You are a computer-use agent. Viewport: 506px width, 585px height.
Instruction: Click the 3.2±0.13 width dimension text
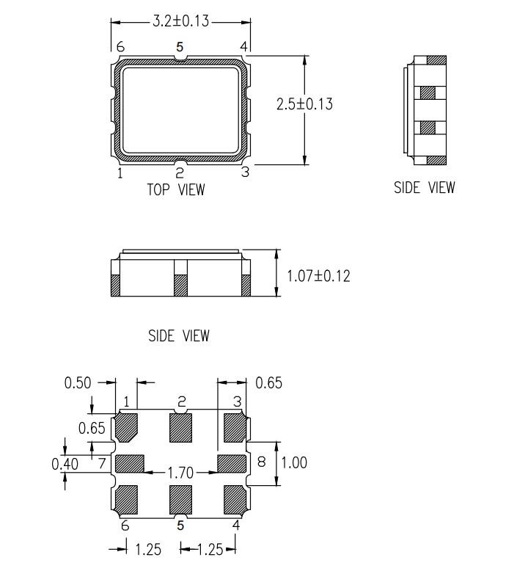click(x=180, y=21)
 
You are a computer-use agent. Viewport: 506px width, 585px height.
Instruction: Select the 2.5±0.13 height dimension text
click(x=304, y=104)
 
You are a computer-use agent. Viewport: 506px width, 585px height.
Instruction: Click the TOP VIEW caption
click(x=176, y=189)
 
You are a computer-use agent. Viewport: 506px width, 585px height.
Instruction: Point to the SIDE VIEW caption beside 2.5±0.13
click(x=424, y=187)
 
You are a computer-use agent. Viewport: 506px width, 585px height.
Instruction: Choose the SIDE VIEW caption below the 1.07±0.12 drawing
click(x=179, y=336)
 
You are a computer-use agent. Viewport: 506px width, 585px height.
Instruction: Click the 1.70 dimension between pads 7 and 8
click(x=180, y=473)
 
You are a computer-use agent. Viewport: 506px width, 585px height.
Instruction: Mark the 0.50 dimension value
click(x=78, y=382)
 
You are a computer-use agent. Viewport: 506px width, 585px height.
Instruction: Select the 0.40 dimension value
click(x=65, y=463)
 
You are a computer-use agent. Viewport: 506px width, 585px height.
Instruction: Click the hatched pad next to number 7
click(x=130, y=463)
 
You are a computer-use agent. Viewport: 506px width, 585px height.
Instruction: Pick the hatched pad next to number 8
click(x=231, y=463)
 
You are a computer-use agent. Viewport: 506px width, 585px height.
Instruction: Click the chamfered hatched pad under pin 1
click(x=128, y=427)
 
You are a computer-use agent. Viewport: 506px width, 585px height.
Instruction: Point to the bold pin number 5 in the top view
click(x=180, y=47)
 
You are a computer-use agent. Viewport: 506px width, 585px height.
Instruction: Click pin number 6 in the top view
click(x=120, y=47)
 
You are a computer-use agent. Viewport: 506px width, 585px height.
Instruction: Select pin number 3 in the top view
click(x=246, y=172)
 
